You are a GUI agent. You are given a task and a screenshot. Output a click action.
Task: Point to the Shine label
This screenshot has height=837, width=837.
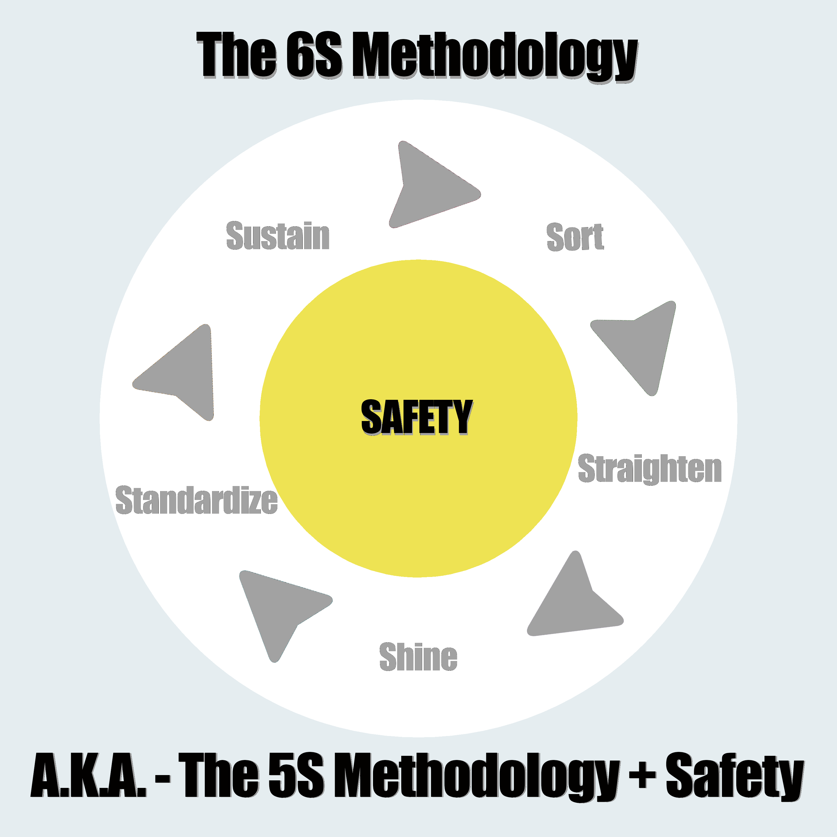point(418,657)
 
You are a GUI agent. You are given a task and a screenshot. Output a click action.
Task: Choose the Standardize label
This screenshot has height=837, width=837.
point(196,500)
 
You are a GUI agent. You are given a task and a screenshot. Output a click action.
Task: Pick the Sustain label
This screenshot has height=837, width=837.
point(278,236)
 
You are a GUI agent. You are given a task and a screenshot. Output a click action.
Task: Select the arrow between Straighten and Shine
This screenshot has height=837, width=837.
point(572,602)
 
